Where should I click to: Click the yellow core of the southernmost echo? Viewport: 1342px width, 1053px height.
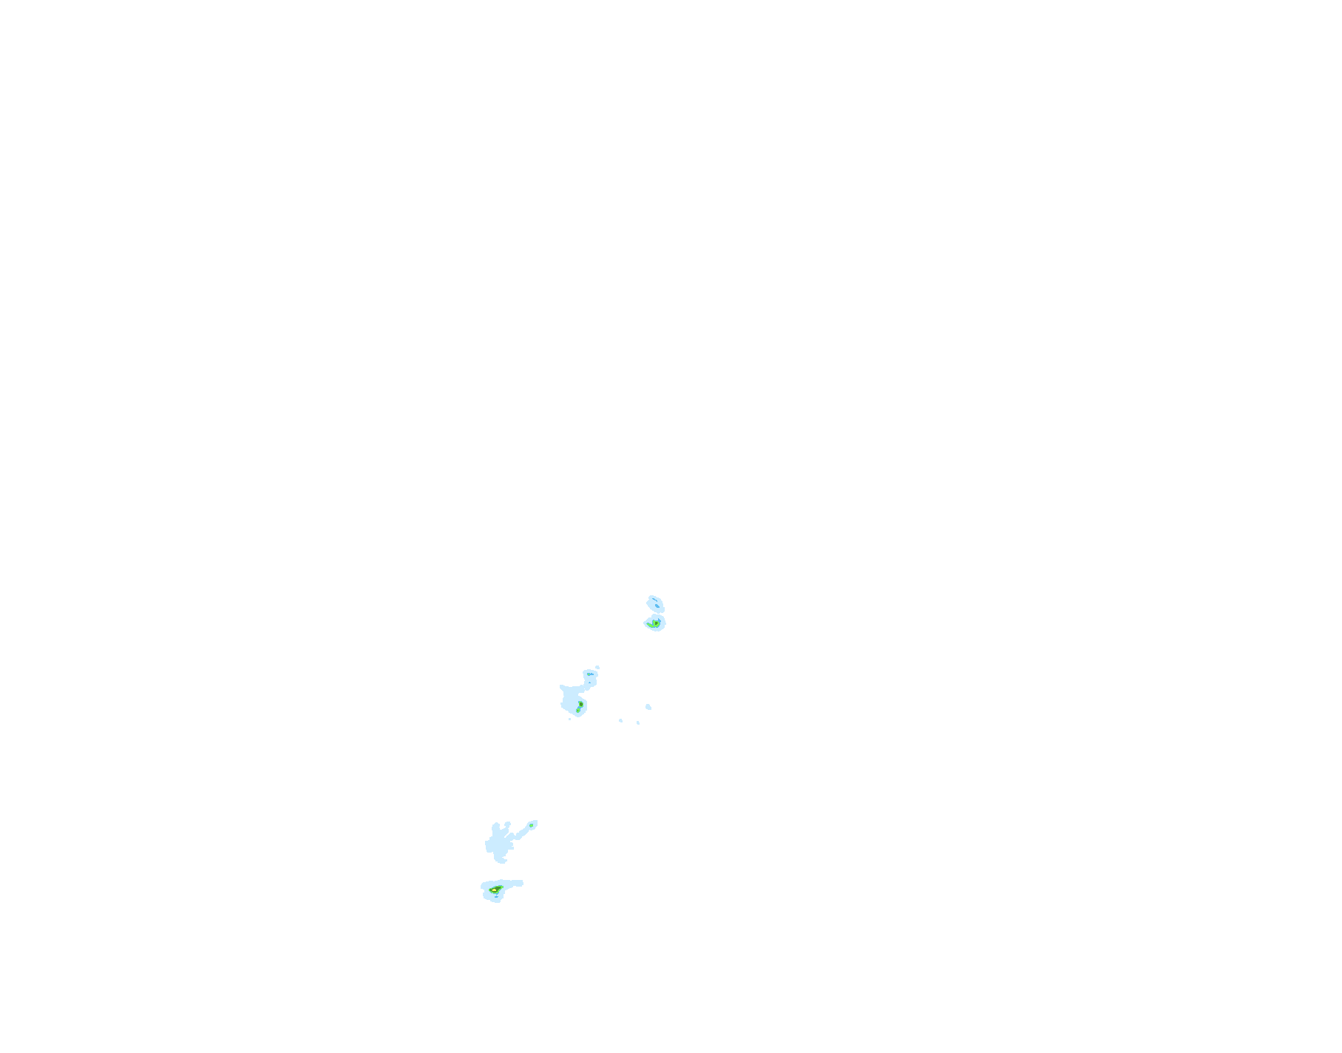pos(494,890)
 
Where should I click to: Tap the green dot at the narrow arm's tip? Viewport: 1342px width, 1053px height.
pos(531,825)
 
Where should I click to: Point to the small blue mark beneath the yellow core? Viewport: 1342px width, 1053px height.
pos(496,897)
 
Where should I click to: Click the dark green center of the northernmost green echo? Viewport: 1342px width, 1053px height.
pos(656,623)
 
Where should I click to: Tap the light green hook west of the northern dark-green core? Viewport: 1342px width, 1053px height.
pos(650,626)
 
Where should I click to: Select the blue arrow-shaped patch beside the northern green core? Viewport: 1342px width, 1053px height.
pos(660,620)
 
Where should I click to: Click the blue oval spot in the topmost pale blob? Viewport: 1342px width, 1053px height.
pos(657,606)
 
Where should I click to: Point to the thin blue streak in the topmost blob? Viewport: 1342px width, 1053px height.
pos(654,600)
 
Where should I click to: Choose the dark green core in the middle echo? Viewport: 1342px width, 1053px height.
pos(581,704)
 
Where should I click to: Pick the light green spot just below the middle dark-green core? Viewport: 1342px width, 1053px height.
pos(577,711)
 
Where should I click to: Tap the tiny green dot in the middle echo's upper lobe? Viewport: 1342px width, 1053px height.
pos(589,674)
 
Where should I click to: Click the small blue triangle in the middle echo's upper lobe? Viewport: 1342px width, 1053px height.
pos(589,683)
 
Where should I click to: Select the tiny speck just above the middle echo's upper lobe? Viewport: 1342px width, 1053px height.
pos(597,667)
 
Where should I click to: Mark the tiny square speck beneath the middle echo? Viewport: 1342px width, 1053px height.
pos(569,719)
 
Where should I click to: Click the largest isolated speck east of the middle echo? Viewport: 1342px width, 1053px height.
pos(648,707)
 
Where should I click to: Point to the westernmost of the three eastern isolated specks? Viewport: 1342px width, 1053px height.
pos(620,720)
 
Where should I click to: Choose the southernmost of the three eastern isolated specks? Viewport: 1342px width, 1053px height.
pos(638,722)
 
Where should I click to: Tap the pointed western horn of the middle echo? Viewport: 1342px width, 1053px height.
pos(561,686)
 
